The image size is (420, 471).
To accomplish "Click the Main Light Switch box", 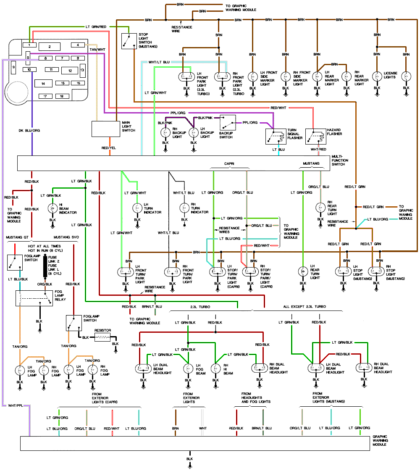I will click(106, 129).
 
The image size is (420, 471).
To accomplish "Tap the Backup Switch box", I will click(227, 123).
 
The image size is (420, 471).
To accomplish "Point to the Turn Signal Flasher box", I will click(276, 135).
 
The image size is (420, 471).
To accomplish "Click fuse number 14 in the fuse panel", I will click(43, 84).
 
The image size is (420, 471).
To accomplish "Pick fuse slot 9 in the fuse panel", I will click(13, 67).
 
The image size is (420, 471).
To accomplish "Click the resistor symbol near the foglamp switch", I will click(102, 337).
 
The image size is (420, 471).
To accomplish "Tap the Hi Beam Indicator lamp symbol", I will click(52, 208).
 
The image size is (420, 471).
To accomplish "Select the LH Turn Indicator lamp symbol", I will click(136, 207).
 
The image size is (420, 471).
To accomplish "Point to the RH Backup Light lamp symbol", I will click(165, 133).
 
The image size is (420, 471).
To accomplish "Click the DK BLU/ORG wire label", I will click(30, 131).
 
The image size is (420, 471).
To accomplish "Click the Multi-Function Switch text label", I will click(340, 160).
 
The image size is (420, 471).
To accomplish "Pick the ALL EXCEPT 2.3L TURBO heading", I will click(304, 307).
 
